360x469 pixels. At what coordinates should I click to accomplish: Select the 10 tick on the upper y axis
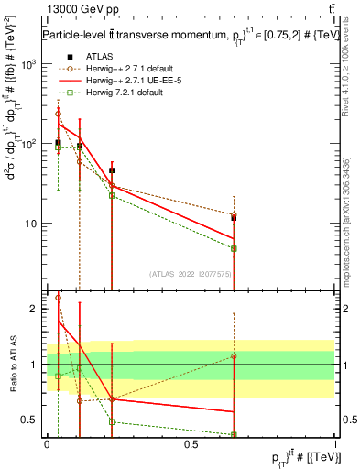click(x=34, y=224)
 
